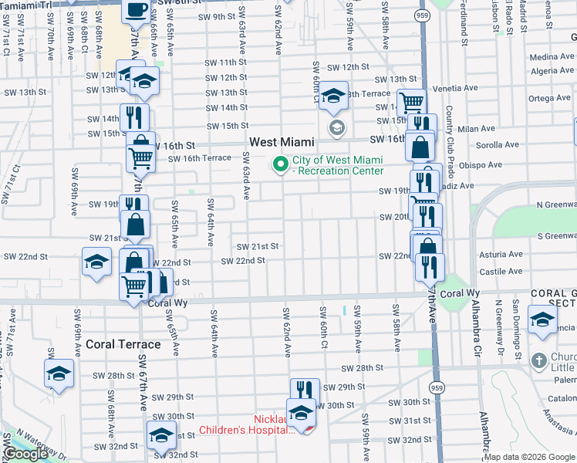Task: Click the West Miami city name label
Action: [x=282, y=142]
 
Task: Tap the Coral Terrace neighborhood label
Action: [x=123, y=344]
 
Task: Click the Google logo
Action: [x=25, y=454]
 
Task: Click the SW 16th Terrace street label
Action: [x=200, y=157]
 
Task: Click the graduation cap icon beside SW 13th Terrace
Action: [x=333, y=95]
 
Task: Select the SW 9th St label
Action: [x=216, y=16]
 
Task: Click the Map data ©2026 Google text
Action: [x=530, y=457]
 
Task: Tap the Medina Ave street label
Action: [x=552, y=56]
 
